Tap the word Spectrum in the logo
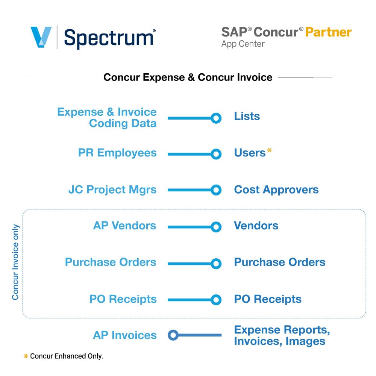109,38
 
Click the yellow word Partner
328,32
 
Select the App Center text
243,44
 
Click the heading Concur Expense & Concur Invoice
188,77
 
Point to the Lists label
247,116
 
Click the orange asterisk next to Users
269,152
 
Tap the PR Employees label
117,153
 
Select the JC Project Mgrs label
112,190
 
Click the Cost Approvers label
276,190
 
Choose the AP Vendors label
124,226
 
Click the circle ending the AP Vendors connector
216,227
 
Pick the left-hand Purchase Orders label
111,262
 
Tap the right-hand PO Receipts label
268,299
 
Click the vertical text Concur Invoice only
15,262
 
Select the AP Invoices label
125,335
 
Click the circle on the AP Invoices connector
173,335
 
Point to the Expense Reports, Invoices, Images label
282,335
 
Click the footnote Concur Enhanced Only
67,356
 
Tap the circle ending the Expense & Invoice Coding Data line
216,118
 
